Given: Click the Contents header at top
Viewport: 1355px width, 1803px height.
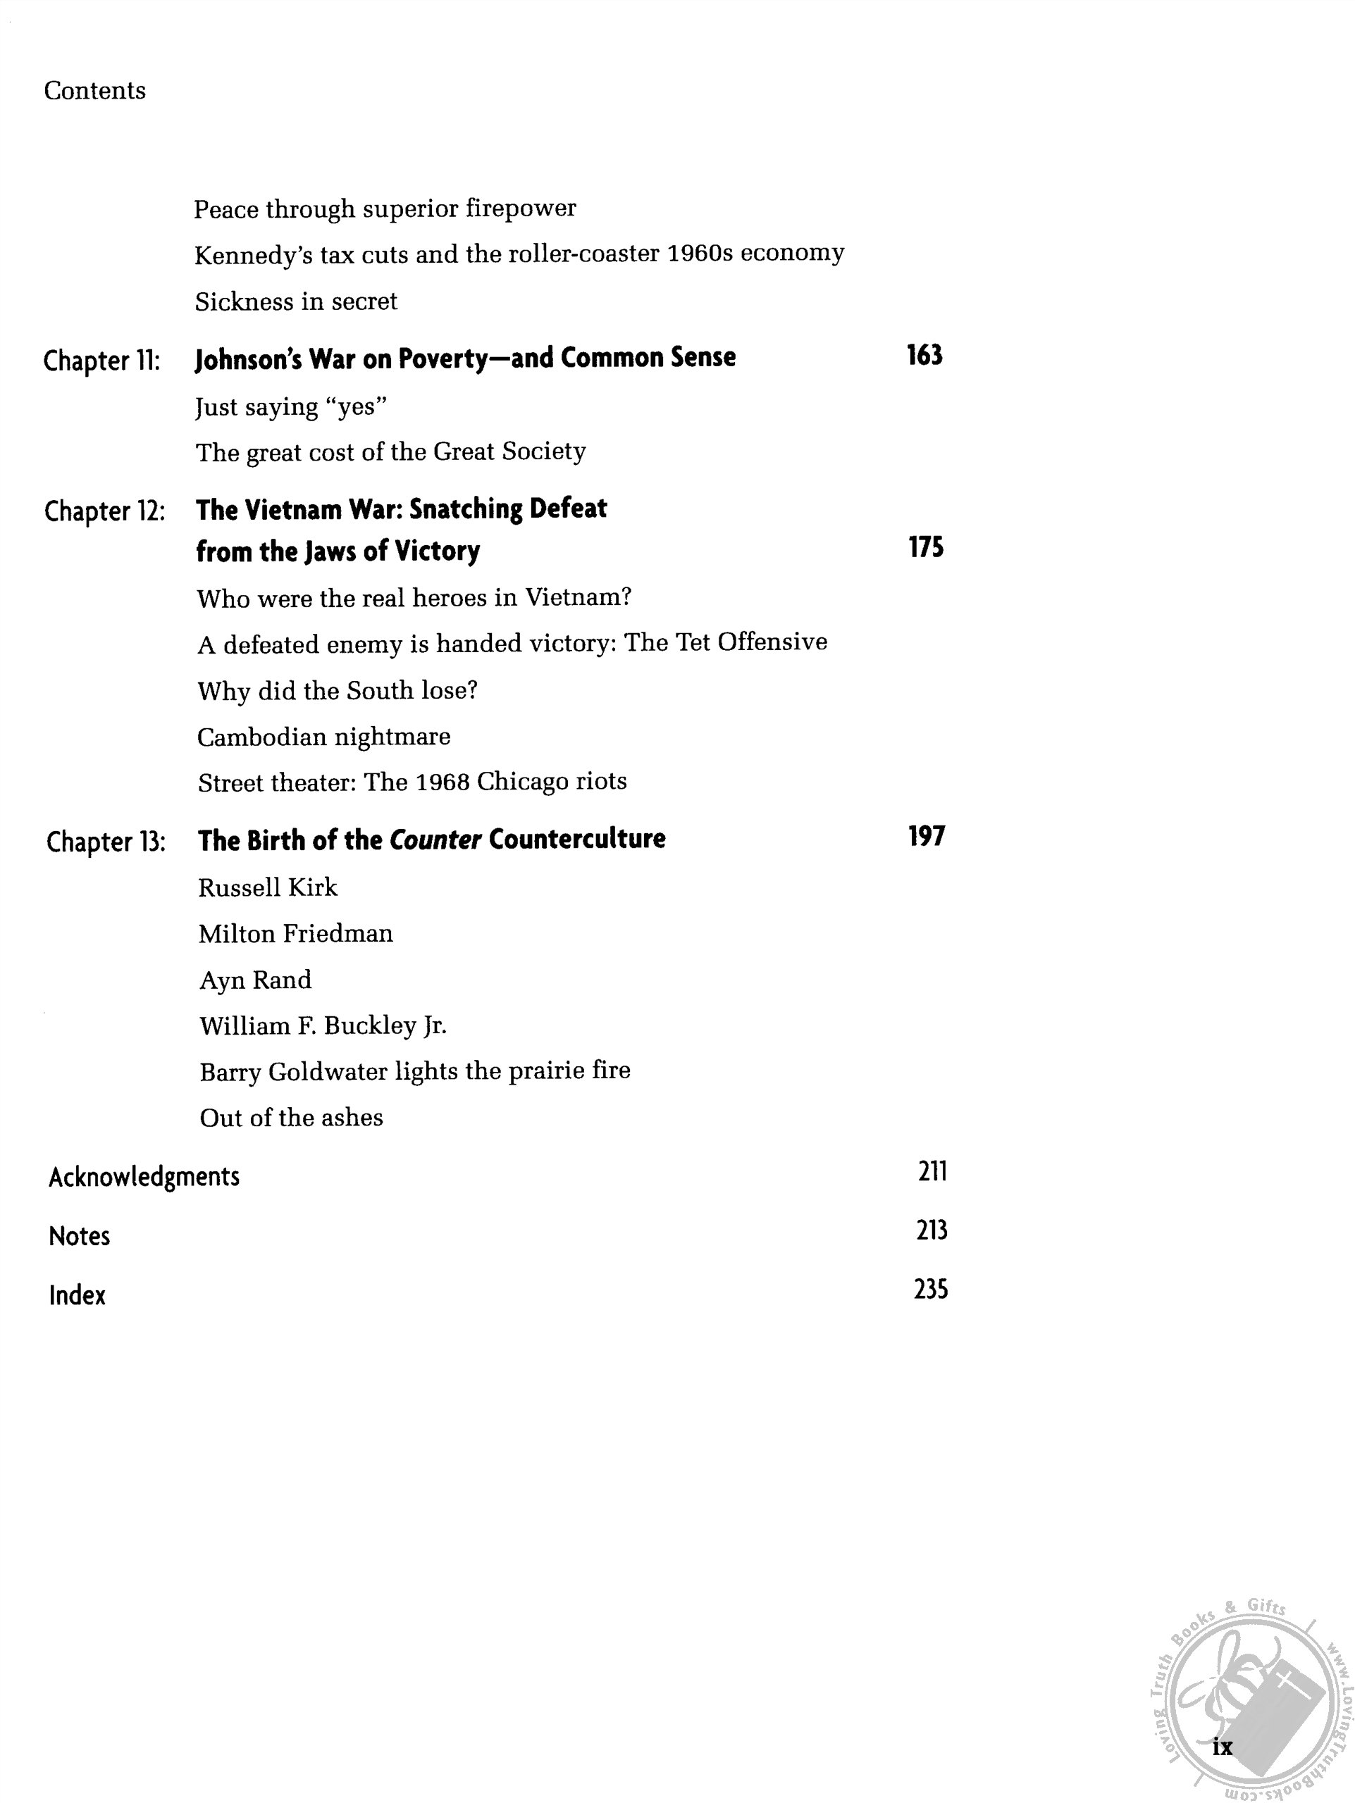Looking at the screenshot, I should (x=94, y=90).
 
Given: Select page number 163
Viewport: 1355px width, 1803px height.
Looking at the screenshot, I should (x=924, y=356).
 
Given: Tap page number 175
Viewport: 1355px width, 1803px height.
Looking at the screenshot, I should (x=925, y=548).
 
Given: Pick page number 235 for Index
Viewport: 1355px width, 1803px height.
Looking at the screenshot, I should (x=930, y=1290).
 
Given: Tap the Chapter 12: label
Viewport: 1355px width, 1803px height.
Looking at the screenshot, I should (x=104, y=511).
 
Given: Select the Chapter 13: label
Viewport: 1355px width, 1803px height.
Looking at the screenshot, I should (x=106, y=841).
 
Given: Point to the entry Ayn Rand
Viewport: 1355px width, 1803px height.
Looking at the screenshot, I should (x=255, y=980).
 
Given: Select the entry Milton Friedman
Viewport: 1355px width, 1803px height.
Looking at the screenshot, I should (x=295, y=933).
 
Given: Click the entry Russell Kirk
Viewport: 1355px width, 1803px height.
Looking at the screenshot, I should (x=268, y=887).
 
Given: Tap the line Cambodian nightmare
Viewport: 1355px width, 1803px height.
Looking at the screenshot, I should (x=323, y=737).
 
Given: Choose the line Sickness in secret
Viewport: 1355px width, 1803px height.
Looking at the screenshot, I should (x=296, y=301).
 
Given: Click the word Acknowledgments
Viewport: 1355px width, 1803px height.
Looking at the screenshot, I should (x=144, y=1177).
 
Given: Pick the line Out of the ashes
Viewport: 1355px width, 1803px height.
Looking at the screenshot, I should (x=291, y=1118).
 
